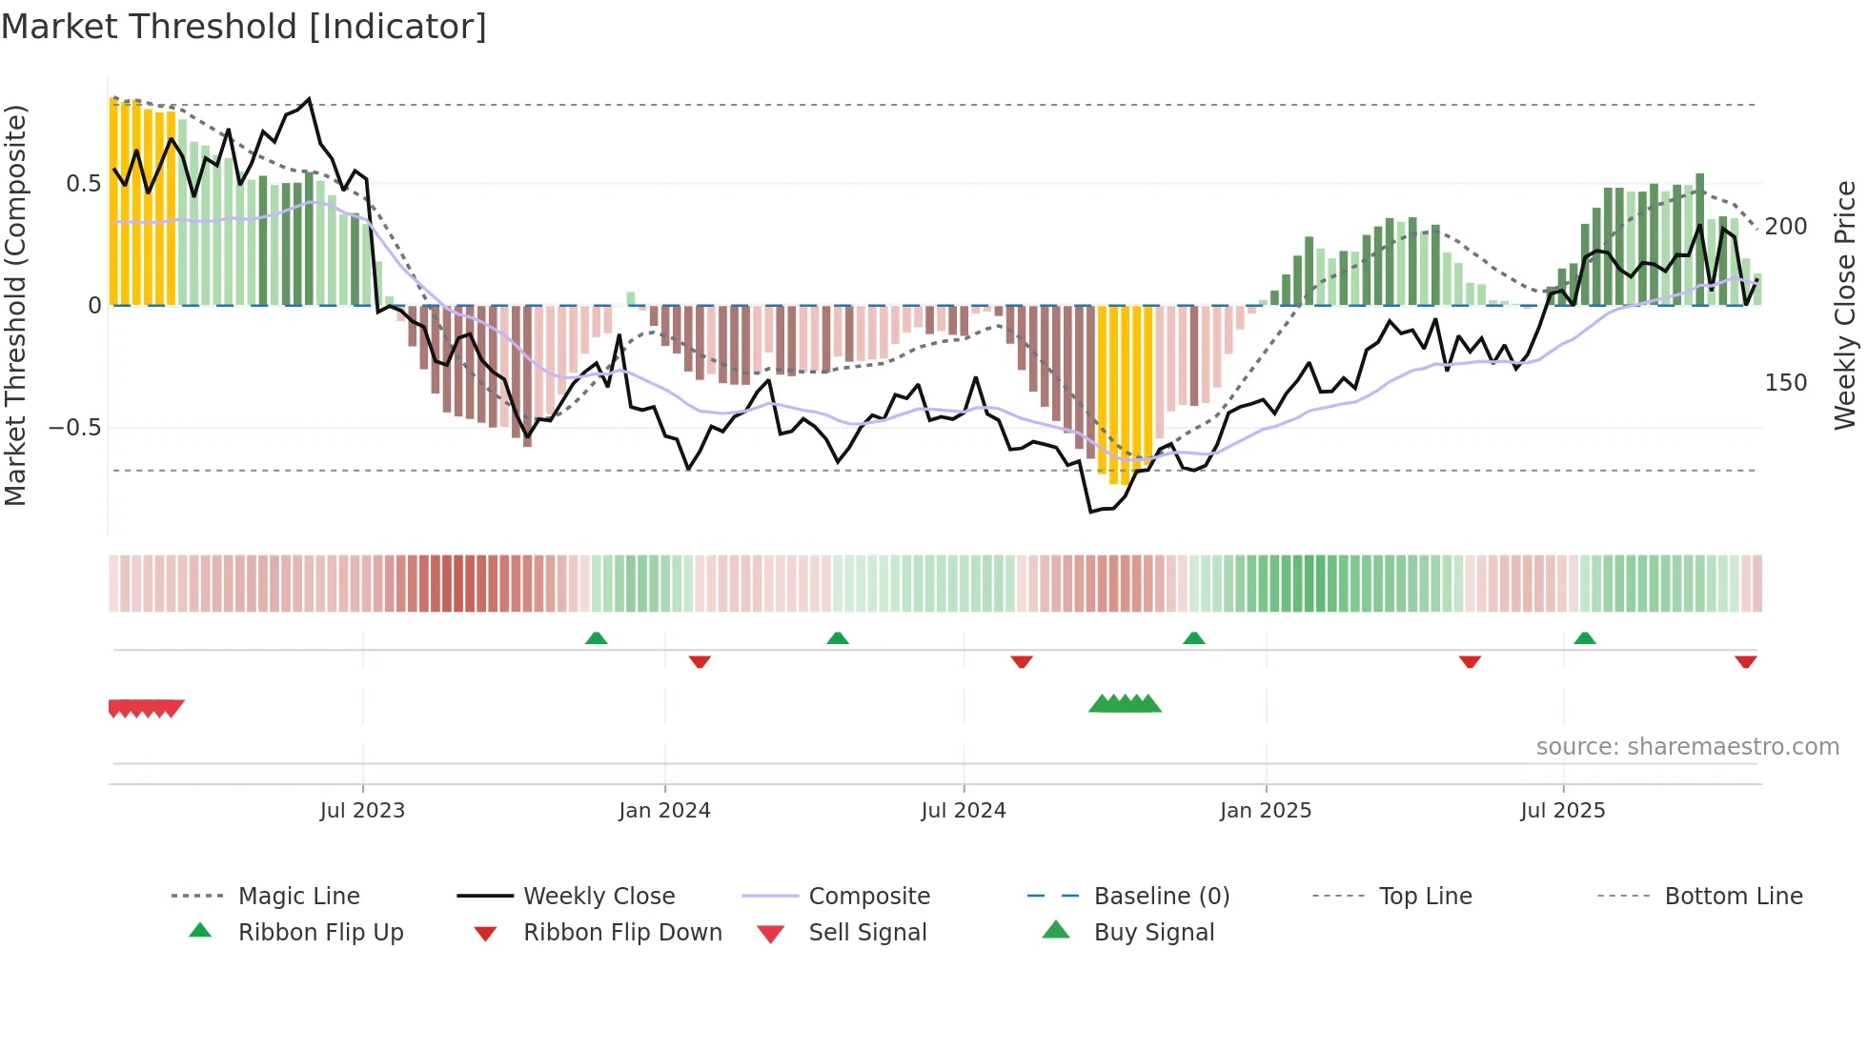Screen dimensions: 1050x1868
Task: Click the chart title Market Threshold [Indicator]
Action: (244, 27)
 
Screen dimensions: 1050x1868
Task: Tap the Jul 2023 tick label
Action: (362, 811)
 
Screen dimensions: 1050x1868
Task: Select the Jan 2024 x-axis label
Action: (664, 811)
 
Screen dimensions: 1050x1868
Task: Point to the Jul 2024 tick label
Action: (964, 811)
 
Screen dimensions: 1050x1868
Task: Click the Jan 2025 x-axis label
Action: (1266, 811)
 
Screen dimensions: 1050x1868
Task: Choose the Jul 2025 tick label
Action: (1563, 811)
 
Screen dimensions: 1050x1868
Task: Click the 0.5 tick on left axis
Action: (83, 184)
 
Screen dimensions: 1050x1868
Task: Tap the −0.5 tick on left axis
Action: (75, 428)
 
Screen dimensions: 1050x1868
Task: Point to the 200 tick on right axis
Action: (1786, 227)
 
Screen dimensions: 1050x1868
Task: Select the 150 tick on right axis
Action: (1786, 383)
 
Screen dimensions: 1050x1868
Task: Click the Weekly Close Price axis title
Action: (1845, 305)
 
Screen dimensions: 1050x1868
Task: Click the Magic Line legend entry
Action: (298, 897)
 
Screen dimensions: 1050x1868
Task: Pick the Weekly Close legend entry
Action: (599, 897)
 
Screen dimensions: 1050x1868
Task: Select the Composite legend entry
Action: (869, 897)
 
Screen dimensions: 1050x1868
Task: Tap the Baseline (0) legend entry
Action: (1161, 897)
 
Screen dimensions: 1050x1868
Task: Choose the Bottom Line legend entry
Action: (1733, 897)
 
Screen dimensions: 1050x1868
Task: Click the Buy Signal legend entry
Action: (1153, 933)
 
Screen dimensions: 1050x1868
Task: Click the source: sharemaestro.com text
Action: (1687, 747)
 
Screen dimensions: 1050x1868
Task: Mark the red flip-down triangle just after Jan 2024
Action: (700, 661)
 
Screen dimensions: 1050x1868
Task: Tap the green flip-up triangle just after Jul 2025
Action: (1585, 638)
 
